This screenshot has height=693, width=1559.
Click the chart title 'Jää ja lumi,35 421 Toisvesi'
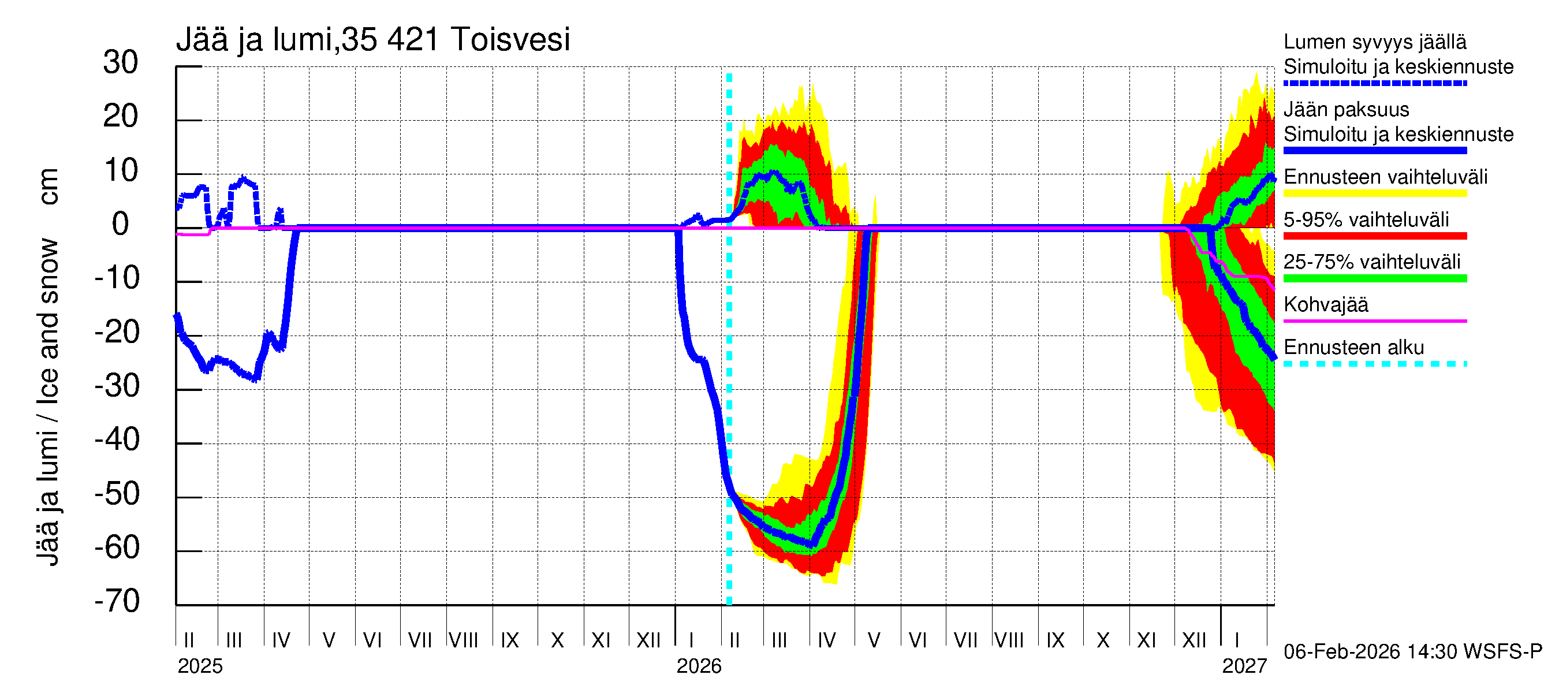tap(373, 40)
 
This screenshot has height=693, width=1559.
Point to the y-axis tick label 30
tap(121, 63)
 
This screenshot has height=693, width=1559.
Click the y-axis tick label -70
tap(117, 602)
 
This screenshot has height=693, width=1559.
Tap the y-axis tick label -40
tap(117, 440)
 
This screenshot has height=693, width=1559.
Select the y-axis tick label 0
tap(121, 225)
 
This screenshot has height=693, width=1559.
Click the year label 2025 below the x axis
tap(200, 666)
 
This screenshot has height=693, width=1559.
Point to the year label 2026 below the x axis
tap(699, 666)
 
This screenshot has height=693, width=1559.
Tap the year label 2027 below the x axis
tap(1244, 666)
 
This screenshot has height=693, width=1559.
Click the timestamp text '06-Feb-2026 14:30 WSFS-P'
tap(1412, 652)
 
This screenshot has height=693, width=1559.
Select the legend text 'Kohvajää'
tap(1325, 305)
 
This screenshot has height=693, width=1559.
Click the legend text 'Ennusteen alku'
tap(1353, 348)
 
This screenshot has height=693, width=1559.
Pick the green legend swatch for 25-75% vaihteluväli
tap(1374, 279)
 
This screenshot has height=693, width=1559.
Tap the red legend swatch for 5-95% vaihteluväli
tap(1374, 237)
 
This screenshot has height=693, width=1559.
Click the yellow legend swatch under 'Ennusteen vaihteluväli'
tap(1374, 193)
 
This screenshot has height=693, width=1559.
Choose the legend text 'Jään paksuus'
tap(1346, 110)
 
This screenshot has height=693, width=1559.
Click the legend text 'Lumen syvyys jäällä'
tap(1374, 42)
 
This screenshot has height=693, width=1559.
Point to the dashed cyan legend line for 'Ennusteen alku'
tap(1374, 364)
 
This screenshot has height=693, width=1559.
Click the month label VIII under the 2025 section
tap(464, 640)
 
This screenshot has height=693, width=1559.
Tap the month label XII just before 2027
tap(1194, 640)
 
